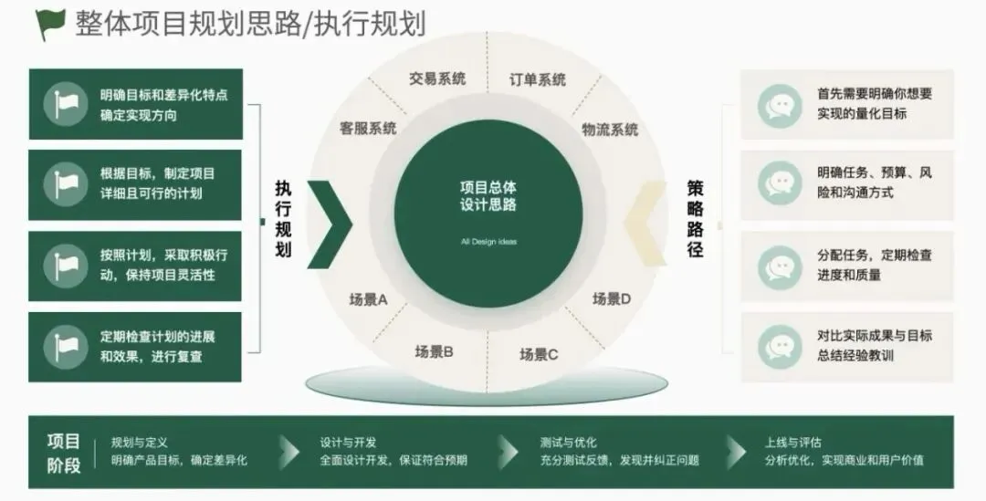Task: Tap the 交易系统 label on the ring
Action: [437, 78]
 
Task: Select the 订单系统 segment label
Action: [538, 79]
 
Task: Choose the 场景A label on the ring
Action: [369, 298]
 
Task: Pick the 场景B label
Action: [435, 350]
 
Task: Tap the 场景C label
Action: [539, 353]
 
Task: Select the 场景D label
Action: [612, 298]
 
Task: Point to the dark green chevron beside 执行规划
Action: [330, 219]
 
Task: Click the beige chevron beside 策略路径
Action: [647, 219]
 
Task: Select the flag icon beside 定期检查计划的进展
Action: [66, 347]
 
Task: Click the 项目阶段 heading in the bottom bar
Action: [64, 453]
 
